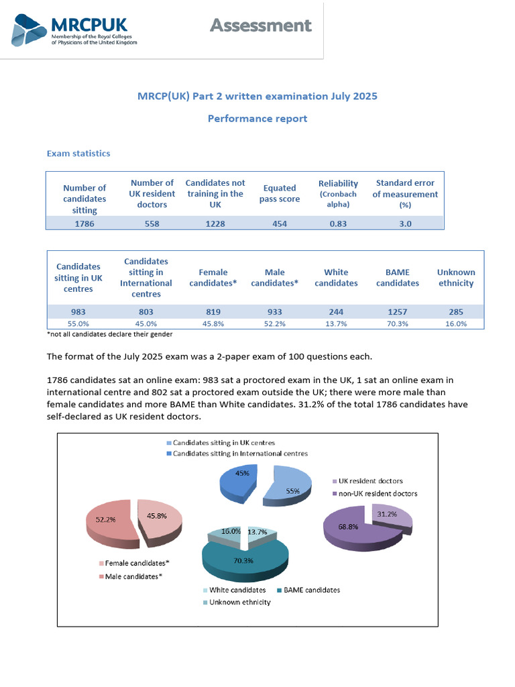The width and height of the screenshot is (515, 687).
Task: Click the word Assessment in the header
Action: tap(260, 25)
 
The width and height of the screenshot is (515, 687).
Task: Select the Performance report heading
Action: tap(257, 119)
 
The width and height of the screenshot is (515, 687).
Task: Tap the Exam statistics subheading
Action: tap(78, 154)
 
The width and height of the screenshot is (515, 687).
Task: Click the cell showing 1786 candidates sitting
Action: tap(84, 224)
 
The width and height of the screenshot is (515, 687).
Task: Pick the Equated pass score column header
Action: tap(279, 193)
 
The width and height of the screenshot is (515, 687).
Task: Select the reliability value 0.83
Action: tap(338, 224)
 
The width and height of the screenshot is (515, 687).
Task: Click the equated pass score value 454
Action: tap(279, 224)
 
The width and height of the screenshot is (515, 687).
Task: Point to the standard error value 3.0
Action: tap(405, 224)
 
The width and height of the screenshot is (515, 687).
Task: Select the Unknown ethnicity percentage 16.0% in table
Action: tap(456, 323)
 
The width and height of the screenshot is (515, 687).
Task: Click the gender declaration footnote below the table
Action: tap(109, 334)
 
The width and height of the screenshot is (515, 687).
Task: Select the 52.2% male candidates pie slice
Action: tap(107, 523)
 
